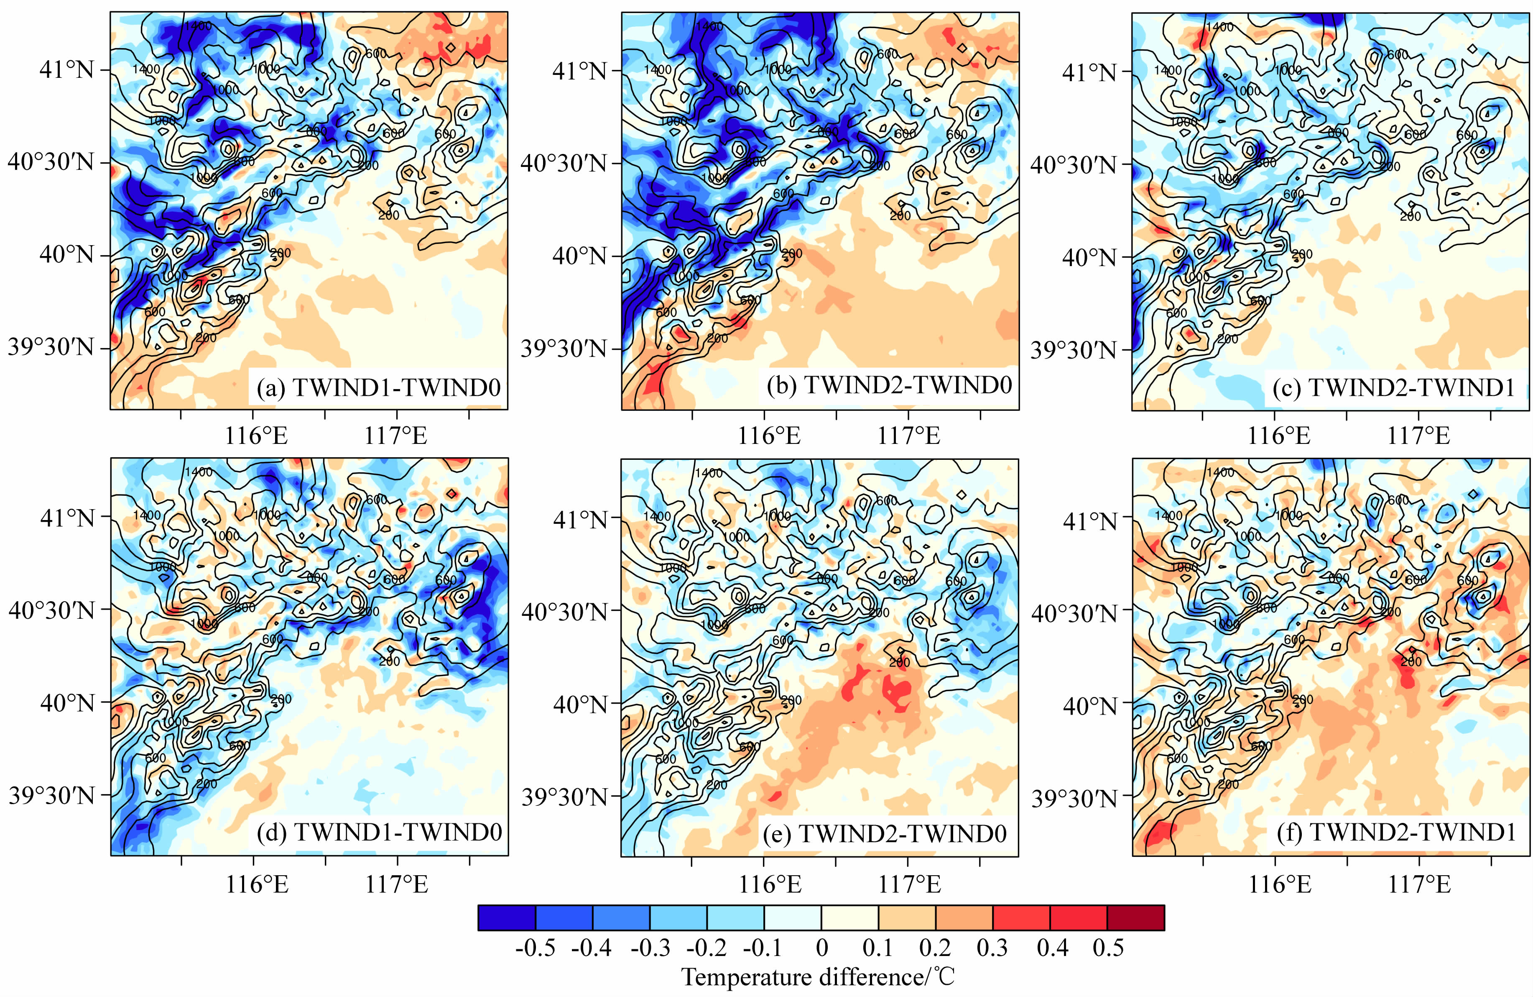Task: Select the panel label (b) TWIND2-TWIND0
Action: coord(890,385)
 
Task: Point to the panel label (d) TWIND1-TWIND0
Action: coord(379,833)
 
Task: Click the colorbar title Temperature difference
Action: coord(818,978)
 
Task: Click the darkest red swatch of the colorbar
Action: coord(1135,918)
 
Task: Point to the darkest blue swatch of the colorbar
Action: coord(506,918)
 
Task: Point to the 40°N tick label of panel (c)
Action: coord(1089,256)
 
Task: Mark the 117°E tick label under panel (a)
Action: coord(396,437)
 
